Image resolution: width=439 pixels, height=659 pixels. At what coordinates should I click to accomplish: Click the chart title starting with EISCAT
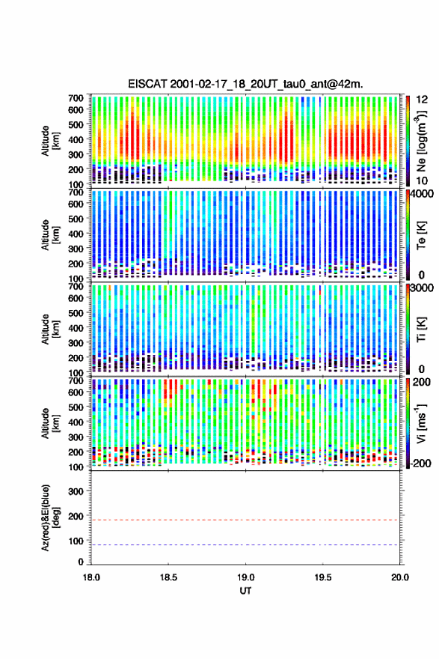pos(245,84)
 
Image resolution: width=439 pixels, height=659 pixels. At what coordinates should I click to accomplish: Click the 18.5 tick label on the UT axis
pos(168,577)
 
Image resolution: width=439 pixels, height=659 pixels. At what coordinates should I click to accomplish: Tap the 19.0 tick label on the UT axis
pos(245,577)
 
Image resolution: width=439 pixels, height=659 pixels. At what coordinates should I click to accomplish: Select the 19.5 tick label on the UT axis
pos(323,577)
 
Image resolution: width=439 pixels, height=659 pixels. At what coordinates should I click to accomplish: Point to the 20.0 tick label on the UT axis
pos(399,577)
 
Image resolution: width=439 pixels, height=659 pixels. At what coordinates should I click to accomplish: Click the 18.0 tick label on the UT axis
pos(91,577)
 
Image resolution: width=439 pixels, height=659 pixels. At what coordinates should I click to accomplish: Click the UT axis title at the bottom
pos(245,591)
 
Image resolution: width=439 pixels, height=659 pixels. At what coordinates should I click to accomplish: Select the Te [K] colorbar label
pos(421,235)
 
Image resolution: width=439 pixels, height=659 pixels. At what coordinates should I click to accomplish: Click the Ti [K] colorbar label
pos(421,329)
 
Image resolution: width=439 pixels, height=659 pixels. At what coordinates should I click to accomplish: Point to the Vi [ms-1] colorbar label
pos(421,423)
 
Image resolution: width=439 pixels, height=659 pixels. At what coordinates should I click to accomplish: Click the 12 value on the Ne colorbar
pos(423,100)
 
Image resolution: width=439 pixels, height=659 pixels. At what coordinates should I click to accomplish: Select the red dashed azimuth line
pos(245,520)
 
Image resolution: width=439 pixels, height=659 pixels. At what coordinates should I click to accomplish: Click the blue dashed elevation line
pos(245,545)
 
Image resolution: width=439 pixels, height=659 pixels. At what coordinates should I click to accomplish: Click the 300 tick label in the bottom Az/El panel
pos(76,491)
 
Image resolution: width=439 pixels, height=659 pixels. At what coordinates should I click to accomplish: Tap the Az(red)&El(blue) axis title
pos(50,517)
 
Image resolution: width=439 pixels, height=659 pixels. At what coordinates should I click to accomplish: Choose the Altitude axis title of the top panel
pos(50,141)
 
